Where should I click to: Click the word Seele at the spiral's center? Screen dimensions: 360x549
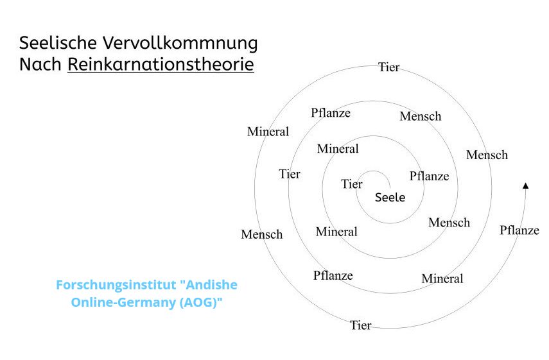point(390,197)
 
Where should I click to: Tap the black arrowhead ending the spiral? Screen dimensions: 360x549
point(525,185)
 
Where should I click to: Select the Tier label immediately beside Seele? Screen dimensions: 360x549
point(352,184)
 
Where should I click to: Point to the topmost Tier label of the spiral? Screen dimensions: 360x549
point(388,67)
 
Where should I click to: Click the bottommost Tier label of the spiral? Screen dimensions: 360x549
point(360,325)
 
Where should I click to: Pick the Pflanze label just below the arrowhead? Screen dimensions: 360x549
point(519,230)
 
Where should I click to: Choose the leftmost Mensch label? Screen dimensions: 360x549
point(261,234)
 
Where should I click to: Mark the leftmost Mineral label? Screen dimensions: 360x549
point(268,132)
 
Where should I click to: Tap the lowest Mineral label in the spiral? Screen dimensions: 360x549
point(442,279)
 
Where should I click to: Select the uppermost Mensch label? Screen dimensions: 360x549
point(420,116)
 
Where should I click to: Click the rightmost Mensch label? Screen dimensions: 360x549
point(487,155)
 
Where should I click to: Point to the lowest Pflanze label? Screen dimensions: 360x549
point(333,275)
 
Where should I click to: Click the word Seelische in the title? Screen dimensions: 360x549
point(58,44)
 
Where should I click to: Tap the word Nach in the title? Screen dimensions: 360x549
point(40,64)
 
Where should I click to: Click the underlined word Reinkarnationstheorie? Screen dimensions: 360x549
point(161,64)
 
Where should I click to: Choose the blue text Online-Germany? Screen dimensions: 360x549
point(123,302)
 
